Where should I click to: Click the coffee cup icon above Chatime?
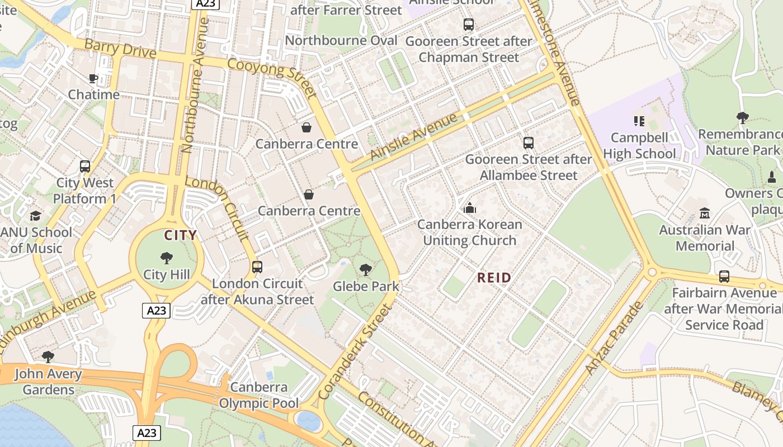coord(93,79)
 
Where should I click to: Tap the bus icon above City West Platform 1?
coord(85,167)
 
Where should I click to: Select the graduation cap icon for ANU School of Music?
coord(35,216)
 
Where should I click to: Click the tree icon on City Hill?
coord(166,258)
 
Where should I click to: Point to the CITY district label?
coord(180,235)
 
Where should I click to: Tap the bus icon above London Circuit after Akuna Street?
coord(257,267)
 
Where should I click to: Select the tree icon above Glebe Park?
coord(365,270)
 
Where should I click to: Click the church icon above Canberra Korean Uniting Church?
coord(470,208)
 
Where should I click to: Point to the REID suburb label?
coord(494,278)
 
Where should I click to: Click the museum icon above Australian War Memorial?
coord(704,213)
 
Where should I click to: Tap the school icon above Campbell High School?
coord(639,121)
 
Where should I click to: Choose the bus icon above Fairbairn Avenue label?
coord(724,277)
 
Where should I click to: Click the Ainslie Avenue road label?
coord(414,137)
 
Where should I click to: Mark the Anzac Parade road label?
coord(614,338)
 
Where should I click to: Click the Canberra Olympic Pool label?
coord(258,395)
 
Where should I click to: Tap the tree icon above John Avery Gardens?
coord(48,356)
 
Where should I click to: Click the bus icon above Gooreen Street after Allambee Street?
coord(529,143)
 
